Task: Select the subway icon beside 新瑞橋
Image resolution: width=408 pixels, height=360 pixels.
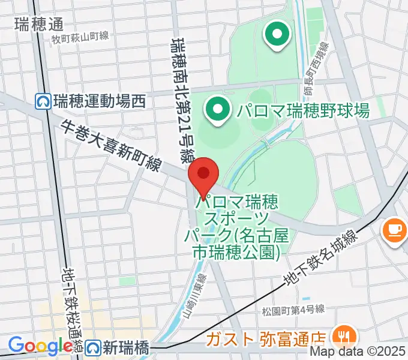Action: click(x=92, y=347)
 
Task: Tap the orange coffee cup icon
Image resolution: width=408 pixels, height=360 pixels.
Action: click(x=395, y=230)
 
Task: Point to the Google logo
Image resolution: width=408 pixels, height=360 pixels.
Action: click(x=40, y=346)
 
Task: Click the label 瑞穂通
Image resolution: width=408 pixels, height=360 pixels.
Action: click(x=39, y=24)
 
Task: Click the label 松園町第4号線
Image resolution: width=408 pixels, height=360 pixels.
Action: click(x=293, y=310)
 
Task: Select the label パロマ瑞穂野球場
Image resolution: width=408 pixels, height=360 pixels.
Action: click(x=302, y=110)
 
